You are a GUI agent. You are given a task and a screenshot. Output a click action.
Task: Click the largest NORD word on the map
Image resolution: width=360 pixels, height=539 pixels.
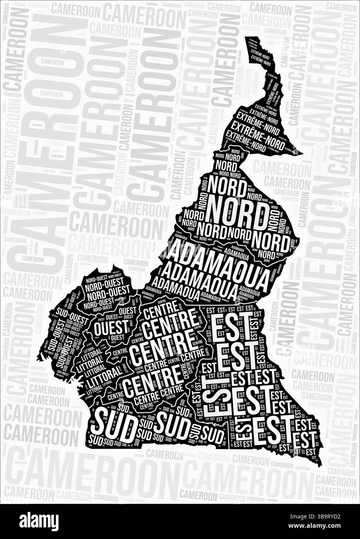(236, 211)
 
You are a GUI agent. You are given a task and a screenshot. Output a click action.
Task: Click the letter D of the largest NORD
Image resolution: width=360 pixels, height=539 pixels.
(260, 212)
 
